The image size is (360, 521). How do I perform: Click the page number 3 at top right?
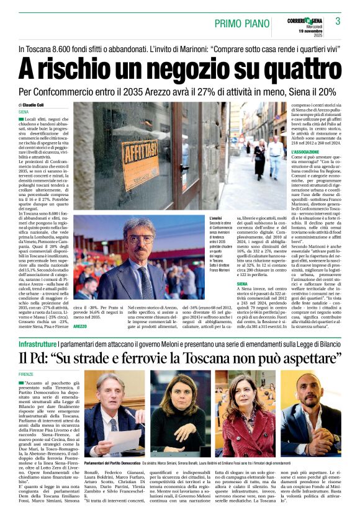tap(338, 21)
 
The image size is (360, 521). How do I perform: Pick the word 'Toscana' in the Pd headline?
tap(205, 358)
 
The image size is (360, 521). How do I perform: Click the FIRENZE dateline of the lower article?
tap(26, 375)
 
